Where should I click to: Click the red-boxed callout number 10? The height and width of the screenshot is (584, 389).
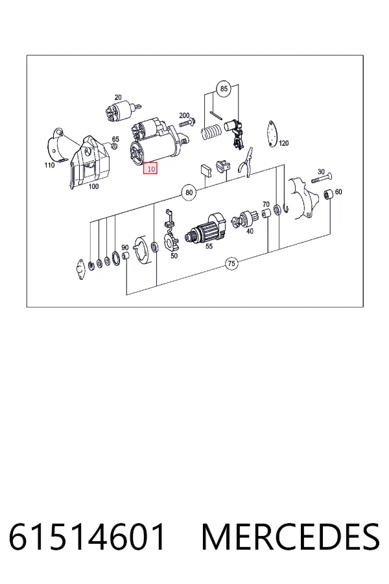click(x=151, y=169)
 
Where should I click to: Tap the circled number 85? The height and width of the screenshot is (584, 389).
click(x=223, y=89)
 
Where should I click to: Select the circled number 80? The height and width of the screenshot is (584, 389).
click(x=189, y=192)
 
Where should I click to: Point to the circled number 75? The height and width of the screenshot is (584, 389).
click(x=231, y=263)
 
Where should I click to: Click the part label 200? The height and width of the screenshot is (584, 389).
click(x=184, y=116)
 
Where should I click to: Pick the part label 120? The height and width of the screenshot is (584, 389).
click(x=284, y=143)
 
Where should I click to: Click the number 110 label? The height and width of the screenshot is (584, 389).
click(x=49, y=165)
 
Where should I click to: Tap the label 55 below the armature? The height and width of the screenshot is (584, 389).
click(x=209, y=246)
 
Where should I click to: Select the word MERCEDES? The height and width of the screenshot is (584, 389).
click(x=290, y=537)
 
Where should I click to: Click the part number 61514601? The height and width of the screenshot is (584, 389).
click(x=87, y=537)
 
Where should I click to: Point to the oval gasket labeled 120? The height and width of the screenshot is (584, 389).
click(x=272, y=133)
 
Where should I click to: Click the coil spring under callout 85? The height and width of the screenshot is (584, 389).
click(x=211, y=132)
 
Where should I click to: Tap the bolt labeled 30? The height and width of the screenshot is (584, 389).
click(x=322, y=178)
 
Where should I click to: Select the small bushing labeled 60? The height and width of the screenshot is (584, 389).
click(x=327, y=194)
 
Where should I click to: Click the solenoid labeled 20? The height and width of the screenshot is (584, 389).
click(x=117, y=110)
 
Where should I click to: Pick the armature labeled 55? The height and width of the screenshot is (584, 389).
click(x=206, y=228)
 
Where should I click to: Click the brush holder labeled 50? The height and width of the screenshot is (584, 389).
click(x=172, y=235)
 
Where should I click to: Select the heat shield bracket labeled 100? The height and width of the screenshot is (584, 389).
click(x=89, y=162)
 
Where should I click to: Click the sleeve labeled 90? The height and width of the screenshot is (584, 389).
click(x=126, y=256)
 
